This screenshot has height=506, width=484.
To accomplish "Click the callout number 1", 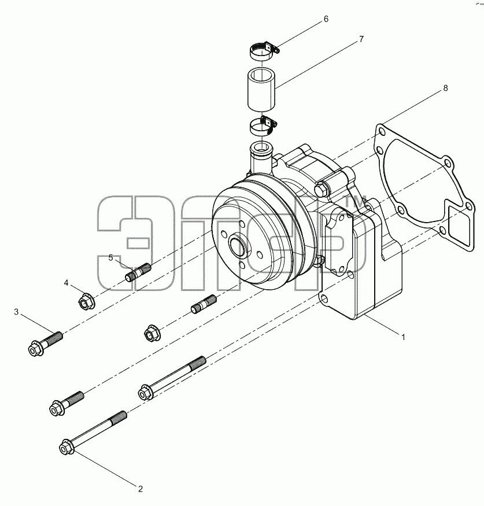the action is pos(403,337).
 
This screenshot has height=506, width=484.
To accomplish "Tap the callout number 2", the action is pos(141,489).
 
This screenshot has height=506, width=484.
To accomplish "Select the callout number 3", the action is pos(16,312).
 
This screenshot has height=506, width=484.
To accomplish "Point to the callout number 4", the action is pos(66,283).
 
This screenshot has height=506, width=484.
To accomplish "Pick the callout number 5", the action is pos(110,257).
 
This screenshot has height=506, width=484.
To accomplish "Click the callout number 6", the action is pos(326,19).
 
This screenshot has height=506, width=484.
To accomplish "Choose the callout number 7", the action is pos(361,39).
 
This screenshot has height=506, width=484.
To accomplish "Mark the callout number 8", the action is pos(446,88).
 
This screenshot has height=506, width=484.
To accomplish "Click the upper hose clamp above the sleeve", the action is pos(264,51).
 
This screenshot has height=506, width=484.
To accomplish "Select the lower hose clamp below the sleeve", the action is pos(263,126).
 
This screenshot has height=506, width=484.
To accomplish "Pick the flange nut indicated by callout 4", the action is pos(87,301).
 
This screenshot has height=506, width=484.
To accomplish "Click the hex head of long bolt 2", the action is pos(66,447).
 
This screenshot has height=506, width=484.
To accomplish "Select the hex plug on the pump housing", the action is pos(322,189).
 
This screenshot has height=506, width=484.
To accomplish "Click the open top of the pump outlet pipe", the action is pos(262,149).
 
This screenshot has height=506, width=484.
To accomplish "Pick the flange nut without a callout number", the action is pos(152,333).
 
